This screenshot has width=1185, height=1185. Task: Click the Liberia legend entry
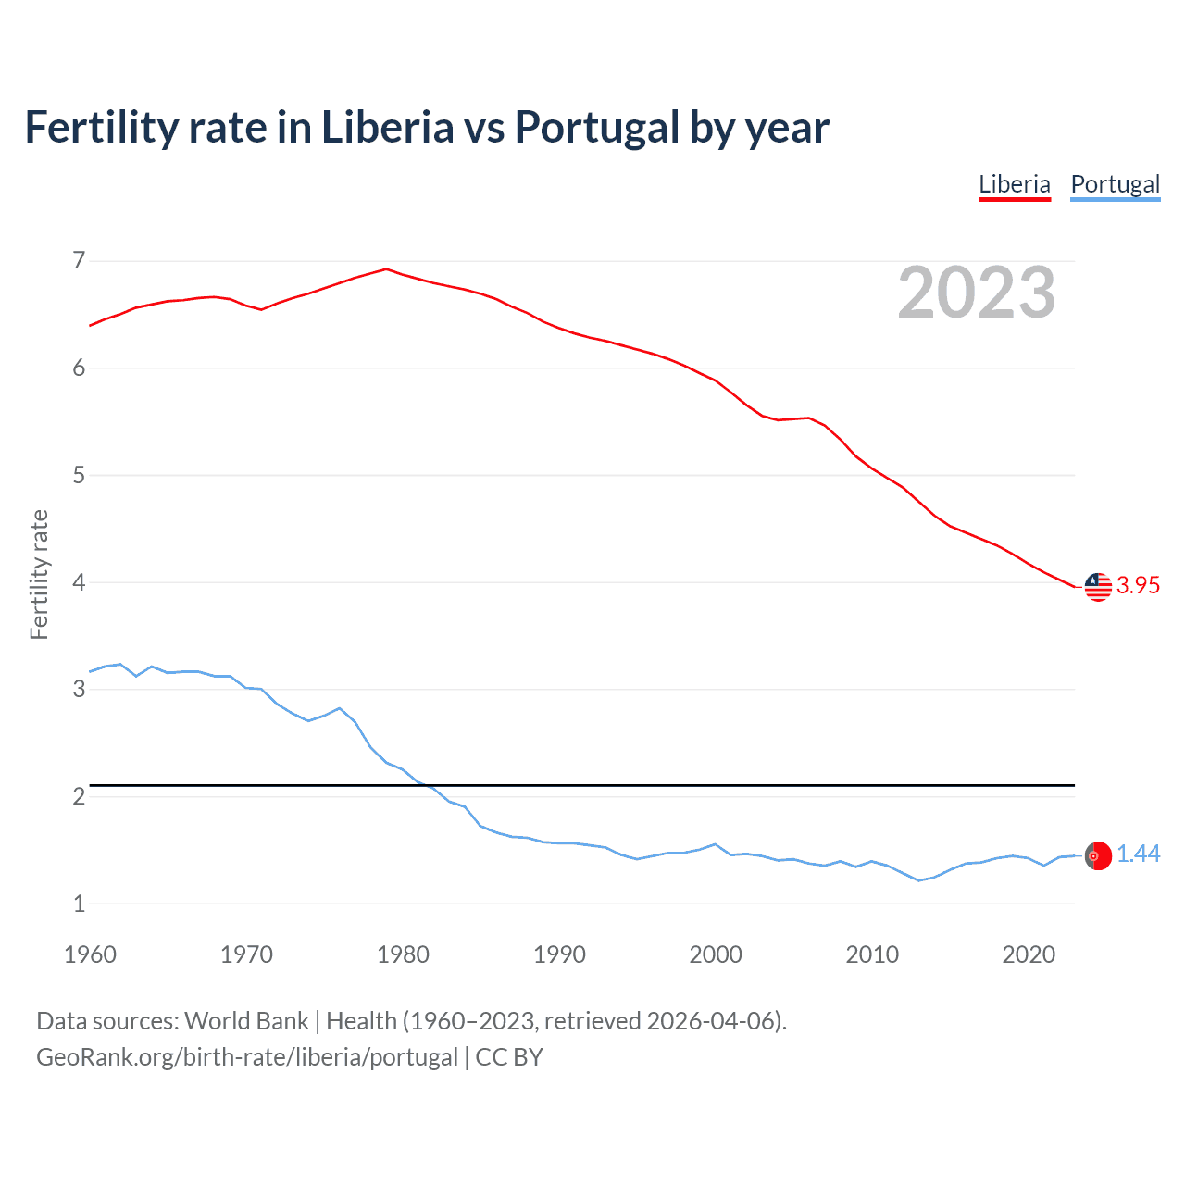click(1015, 184)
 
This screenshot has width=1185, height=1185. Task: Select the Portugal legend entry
click(1115, 184)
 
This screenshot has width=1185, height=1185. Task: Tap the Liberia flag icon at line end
click(1098, 586)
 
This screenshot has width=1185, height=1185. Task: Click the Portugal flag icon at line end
click(1098, 856)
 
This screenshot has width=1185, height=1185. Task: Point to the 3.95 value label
click(1138, 585)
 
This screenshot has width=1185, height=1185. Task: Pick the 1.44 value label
click(1138, 854)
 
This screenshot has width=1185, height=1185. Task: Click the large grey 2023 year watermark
click(977, 293)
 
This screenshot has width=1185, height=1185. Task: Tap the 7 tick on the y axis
click(79, 261)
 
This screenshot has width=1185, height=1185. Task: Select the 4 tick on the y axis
click(79, 582)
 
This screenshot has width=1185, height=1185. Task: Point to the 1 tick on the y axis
click(79, 904)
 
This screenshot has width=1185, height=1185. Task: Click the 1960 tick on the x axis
click(90, 954)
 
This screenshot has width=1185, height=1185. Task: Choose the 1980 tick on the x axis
click(403, 954)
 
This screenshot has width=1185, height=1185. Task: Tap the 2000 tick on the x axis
click(716, 954)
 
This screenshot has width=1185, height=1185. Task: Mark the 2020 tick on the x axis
click(1029, 954)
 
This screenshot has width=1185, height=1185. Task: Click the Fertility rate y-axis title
click(39, 574)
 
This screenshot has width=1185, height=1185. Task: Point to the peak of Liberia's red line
click(387, 269)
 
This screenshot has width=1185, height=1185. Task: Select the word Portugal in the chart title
click(598, 128)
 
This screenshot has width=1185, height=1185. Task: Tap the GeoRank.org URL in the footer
click(247, 1057)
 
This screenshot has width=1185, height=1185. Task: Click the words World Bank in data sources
click(246, 1021)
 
